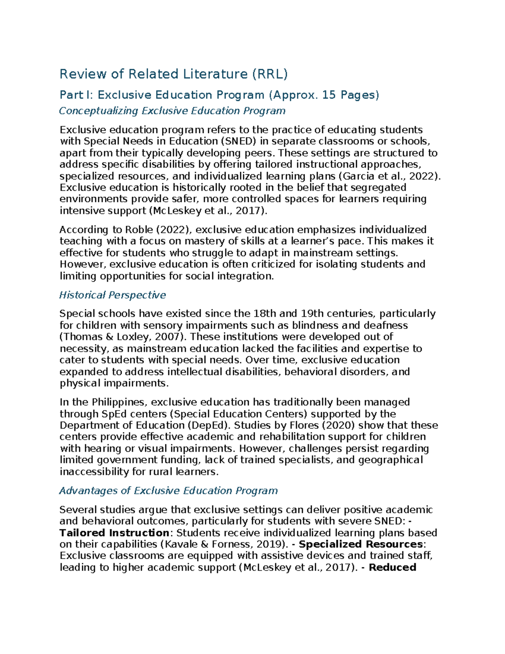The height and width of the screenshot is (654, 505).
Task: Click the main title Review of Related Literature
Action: (154, 74)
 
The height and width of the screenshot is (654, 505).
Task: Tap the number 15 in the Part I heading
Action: (329, 95)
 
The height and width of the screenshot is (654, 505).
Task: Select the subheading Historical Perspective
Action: (112, 295)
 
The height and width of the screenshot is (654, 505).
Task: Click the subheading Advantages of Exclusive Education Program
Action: (168, 491)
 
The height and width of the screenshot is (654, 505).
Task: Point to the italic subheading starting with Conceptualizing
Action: (172, 111)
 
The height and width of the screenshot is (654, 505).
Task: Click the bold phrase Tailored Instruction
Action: (114, 533)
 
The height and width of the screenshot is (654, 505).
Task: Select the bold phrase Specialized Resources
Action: (361, 544)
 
